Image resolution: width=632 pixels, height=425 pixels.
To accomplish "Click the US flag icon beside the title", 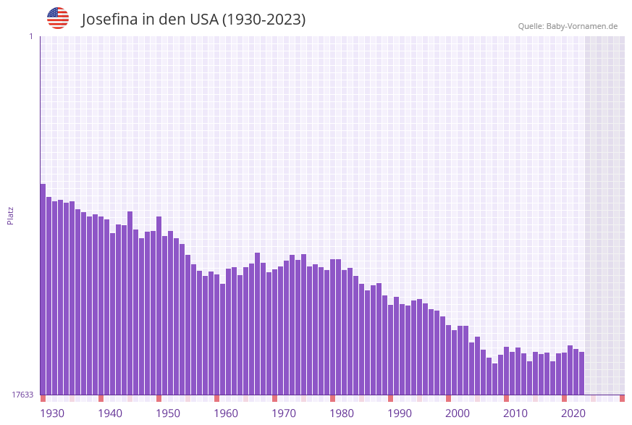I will point(58,18).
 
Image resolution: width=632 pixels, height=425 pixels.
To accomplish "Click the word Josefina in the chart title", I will point(109,20).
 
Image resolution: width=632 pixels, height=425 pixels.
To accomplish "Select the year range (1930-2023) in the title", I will point(264,20).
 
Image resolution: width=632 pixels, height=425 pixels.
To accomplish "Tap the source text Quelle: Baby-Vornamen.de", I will point(568,26).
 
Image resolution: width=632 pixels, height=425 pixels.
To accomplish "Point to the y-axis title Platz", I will point(11,215).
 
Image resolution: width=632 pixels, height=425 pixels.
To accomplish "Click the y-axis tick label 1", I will point(30,36).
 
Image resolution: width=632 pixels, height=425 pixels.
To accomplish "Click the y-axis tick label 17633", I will point(22,395).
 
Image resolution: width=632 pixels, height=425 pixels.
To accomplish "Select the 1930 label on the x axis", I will point(52,413).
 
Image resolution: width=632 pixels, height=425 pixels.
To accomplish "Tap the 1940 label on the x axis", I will point(110,413).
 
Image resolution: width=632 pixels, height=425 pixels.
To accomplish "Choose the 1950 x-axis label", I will point(168,413).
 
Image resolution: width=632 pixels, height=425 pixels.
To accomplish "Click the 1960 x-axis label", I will point(226,413).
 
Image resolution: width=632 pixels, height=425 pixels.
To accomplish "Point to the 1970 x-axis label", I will point(284,413).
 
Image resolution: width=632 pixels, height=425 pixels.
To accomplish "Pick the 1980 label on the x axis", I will point(342,413).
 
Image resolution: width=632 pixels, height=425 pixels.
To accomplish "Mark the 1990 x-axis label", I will point(400,413).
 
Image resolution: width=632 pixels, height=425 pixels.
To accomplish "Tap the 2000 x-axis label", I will point(458,413).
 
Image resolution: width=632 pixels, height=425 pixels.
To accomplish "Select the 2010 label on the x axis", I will point(515,413).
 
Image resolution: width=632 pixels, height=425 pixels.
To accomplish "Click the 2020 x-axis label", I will point(573,413).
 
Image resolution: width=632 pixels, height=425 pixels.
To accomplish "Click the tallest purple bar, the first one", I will point(43,290).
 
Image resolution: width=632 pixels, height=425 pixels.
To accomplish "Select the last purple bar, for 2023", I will point(581,373).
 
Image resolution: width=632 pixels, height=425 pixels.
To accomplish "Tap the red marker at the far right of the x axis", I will point(622,398).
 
